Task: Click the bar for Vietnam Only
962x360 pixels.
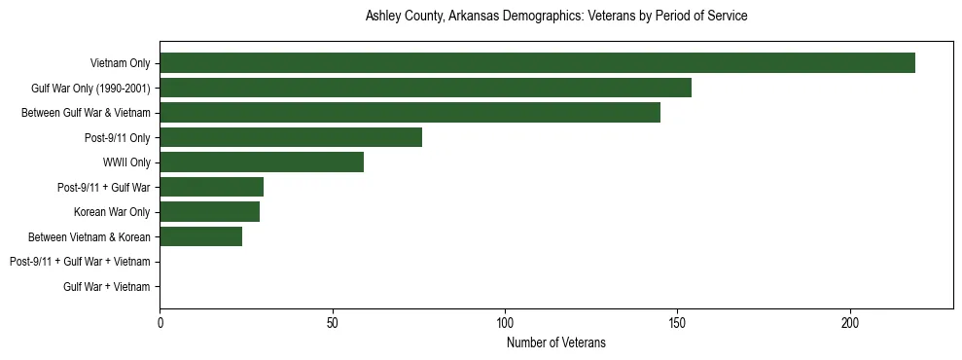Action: (x=537, y=63)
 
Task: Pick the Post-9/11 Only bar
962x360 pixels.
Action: (x=291, y=137)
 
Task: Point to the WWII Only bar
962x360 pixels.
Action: (x=262, y=162)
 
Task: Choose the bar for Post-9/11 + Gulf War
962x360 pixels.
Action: (x=211, y=187)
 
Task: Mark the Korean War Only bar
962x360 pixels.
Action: (x=209, y=212)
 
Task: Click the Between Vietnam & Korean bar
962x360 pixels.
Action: (x=200, y=236)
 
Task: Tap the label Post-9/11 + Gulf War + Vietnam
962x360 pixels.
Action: (x=80, y=262)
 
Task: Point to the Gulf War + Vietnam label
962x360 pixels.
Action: (x=107, y=286)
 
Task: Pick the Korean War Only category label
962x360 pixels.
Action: (x=112, y=212)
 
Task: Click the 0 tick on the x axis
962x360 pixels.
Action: (x=160, y=322)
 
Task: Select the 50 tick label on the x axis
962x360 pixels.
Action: (x=333, y=322)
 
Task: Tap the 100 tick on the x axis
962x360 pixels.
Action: (x=505, y=322)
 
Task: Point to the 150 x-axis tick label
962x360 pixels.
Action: (x=678, y=322)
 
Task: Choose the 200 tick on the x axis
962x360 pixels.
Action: (x=850, y=322)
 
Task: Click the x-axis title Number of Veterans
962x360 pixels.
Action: (x=555, y=342)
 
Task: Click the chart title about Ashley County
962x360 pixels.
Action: (x=555, y=17)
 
